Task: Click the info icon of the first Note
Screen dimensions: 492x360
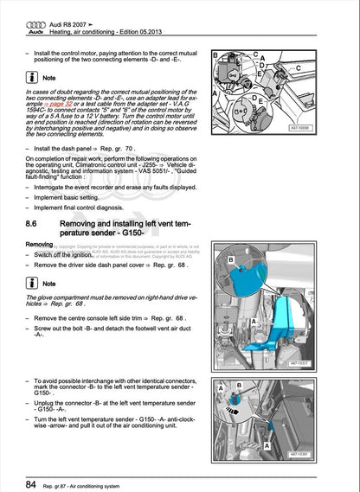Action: point(31,77)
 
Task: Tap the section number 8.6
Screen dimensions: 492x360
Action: point(35,224)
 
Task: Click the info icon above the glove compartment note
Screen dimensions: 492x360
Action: point(31,283)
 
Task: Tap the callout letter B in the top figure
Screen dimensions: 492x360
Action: point(216,55)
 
